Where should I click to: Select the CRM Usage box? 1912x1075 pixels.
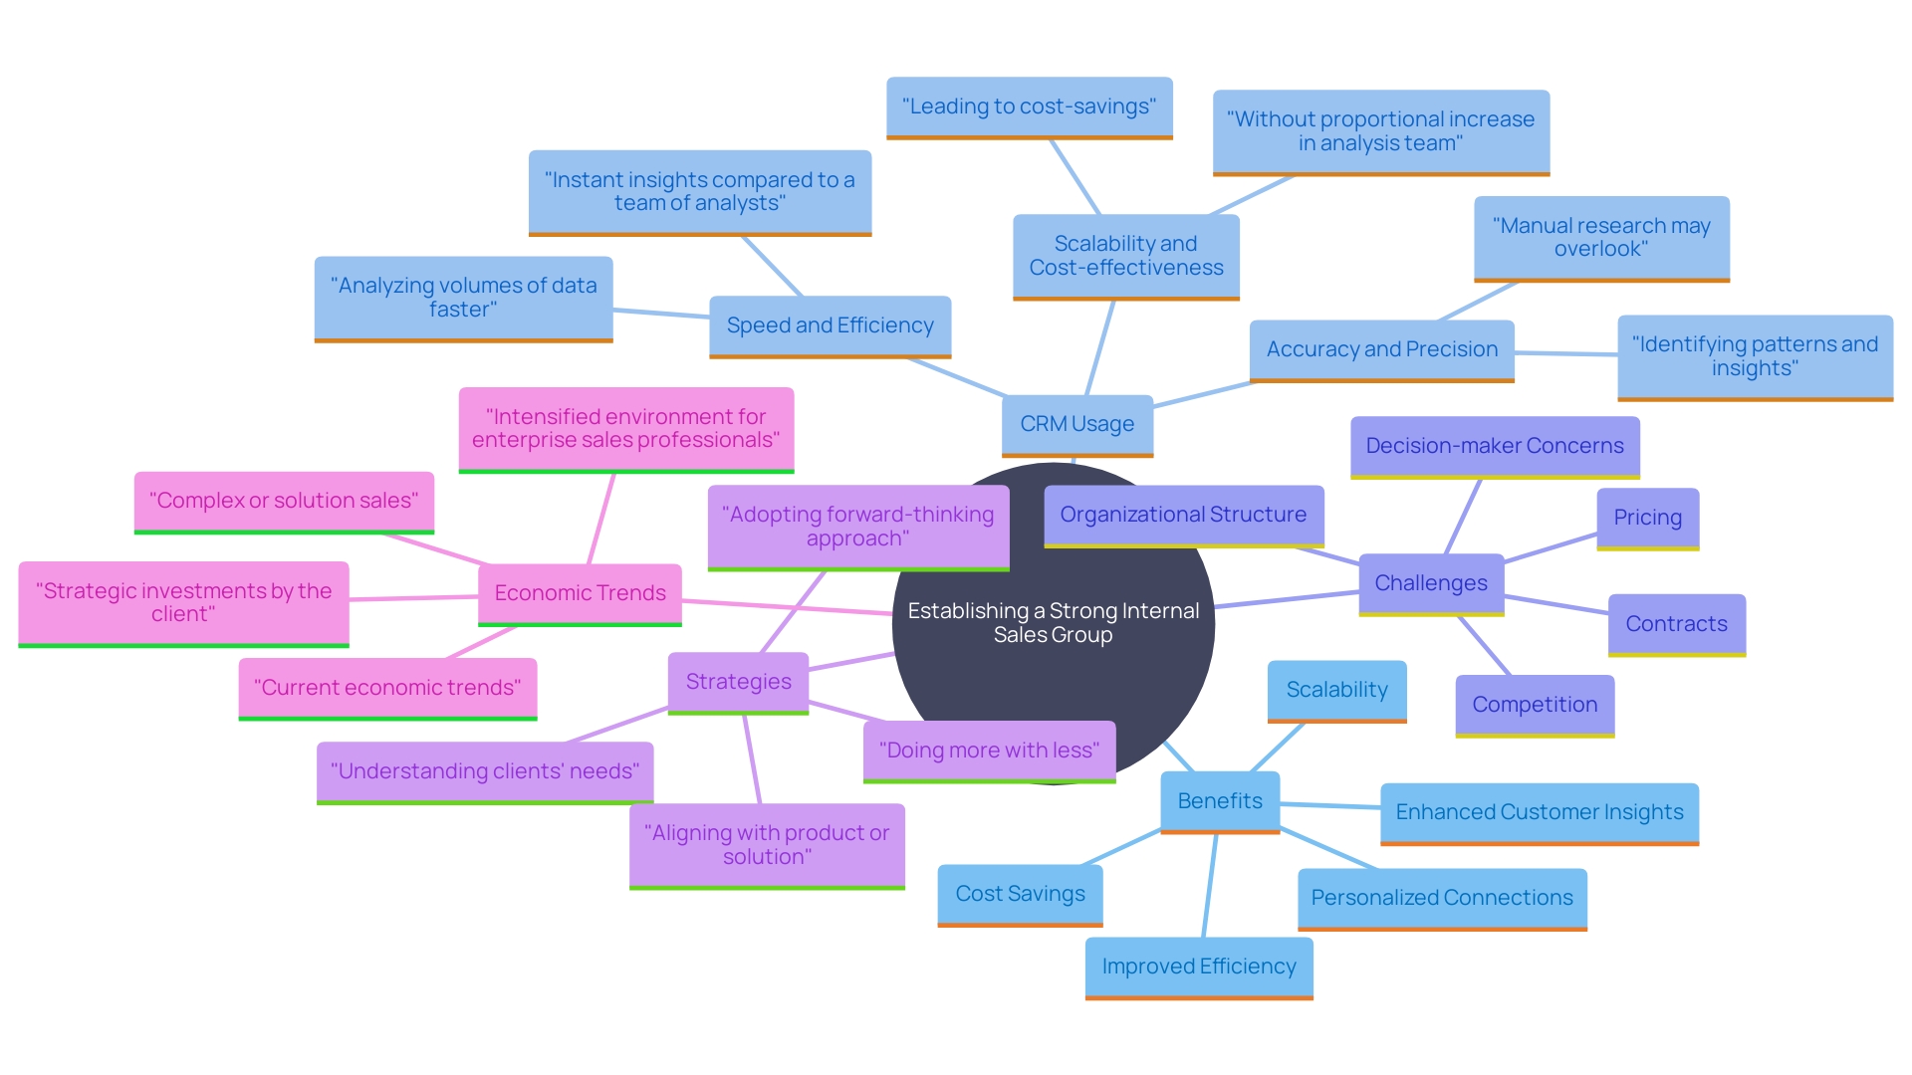point(1076,424)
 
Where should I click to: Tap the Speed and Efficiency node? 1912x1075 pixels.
point(830,325)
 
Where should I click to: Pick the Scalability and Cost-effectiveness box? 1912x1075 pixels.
point(1125,256)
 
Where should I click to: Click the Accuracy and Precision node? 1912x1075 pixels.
point(1381,349)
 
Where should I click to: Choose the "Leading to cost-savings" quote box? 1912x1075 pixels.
point(1029,107)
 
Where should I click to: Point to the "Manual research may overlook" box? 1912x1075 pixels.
point(1601,238)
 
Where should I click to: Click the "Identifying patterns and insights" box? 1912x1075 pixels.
point(1755,356)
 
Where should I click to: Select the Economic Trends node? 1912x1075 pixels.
point(580,593)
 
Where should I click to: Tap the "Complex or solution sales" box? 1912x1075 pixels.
point(284,501)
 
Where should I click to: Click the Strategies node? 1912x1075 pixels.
point(738,682)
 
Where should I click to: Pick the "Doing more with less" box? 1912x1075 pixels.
point(989,751)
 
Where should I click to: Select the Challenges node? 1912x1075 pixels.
point(1431,583)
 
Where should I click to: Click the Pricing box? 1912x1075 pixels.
point(1647,518)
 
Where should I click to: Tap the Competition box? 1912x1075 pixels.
point(1535,705)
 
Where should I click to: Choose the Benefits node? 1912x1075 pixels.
point(1220,801)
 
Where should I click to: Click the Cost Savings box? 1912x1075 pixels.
point(1020,894)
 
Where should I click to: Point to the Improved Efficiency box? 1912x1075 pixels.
point(1199,967)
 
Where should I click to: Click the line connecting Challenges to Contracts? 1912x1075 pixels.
point(1556,604)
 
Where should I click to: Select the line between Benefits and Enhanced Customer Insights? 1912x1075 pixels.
point(1330,806)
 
